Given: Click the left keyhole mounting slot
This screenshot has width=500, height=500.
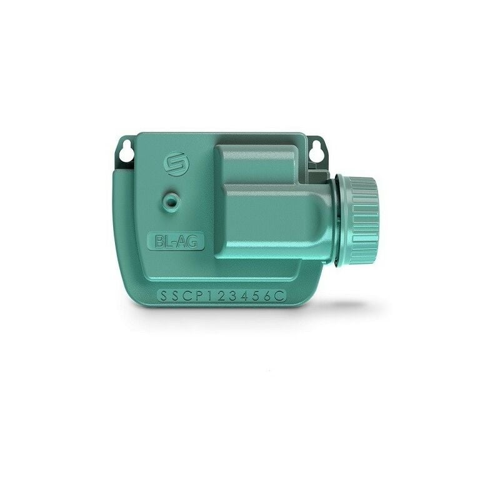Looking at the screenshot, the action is [x=126, y=151].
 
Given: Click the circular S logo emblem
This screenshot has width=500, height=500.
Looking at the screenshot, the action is [x=175, y=164].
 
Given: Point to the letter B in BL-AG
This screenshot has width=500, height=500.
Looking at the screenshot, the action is [x=159, y=242].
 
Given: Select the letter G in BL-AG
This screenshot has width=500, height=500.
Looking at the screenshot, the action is [x=191, y=242].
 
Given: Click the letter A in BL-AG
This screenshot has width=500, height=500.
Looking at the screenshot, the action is [x=180, y=242].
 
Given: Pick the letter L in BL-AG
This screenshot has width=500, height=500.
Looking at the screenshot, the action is [x=167, y=242].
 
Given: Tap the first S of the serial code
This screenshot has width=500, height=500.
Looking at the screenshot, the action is [x=163, y=296].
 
